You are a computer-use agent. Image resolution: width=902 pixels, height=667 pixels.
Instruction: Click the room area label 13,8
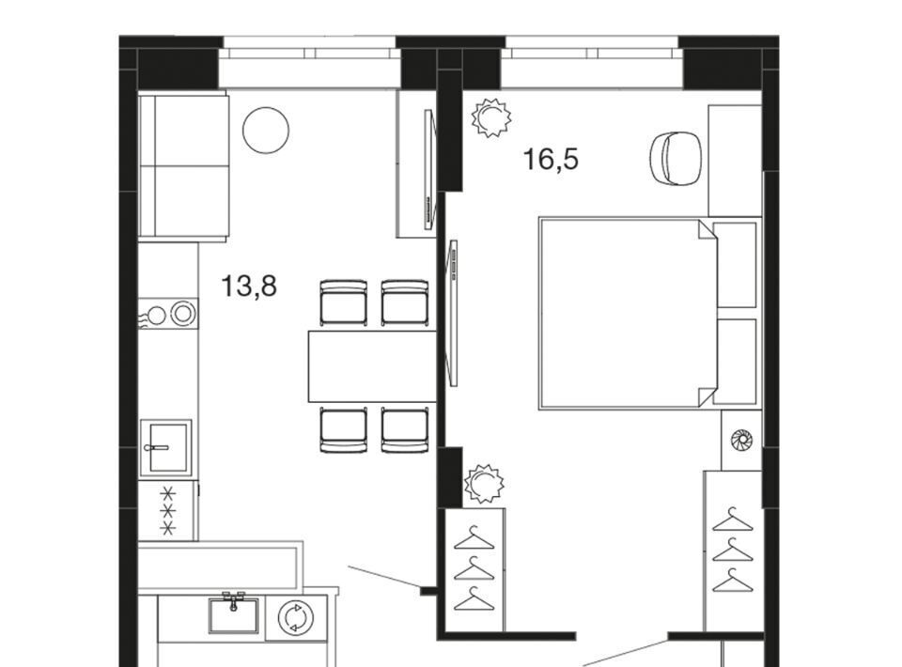[249, 286]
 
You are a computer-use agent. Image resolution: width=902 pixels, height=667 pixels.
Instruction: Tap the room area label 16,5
[551, 160]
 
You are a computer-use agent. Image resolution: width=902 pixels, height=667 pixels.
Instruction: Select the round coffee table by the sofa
[266, 131]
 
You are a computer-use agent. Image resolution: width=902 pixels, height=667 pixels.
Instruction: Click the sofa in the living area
[184, 167]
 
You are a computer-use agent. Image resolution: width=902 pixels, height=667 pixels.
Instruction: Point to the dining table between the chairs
[372, 366]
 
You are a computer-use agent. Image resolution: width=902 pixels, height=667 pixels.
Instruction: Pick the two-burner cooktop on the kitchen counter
[168, 314]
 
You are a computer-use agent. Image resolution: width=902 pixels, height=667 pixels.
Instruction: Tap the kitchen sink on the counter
[165, 447]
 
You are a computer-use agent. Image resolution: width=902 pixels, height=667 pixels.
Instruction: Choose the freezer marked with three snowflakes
[168, 511]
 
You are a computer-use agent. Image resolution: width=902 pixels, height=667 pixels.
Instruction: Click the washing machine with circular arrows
[296, 618]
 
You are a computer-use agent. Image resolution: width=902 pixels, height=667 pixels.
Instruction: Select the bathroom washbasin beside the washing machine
[233, 614]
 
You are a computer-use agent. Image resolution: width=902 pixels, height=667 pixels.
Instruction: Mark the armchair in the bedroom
[676, 158]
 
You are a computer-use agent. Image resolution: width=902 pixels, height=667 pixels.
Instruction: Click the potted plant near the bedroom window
[490, 117]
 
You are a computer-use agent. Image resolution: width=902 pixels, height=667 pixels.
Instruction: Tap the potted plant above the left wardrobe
[484, 484]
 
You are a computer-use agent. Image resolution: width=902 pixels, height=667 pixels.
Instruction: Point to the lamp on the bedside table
[741, 441]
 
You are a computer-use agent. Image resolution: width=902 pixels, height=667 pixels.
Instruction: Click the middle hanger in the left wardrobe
[474, 570]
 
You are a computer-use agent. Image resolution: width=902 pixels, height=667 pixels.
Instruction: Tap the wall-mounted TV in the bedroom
[453, 314]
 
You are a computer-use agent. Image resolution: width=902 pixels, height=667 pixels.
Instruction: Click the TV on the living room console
[429, 170]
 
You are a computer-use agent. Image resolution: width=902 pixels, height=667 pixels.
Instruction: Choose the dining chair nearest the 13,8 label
[344, 302]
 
